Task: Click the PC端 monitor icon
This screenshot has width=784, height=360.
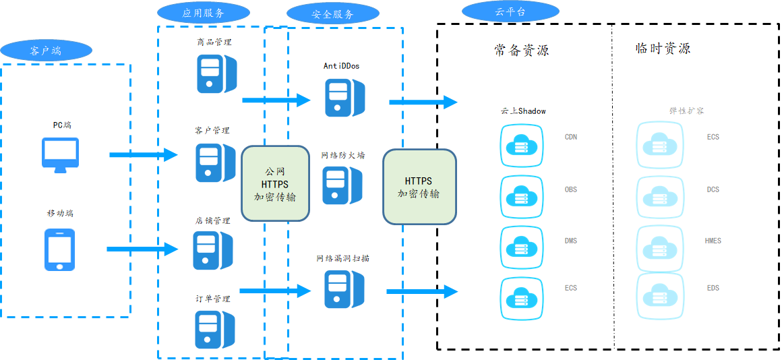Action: click(60, 154)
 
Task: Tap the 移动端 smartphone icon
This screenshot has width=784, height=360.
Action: click(59, 249)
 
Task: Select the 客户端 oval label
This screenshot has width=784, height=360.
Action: click(46, 50)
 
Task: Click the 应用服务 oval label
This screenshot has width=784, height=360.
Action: click(203, 12)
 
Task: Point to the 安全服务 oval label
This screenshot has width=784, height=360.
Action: click(332, 13)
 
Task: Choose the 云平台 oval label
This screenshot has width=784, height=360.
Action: click(510, 11)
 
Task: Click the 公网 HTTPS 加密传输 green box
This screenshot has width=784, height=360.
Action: click(275, 185)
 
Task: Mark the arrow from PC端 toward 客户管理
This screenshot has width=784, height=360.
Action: click(144, 155)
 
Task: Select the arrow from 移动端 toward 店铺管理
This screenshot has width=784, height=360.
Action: click(142, 249)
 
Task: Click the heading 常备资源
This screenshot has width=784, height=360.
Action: click(521, 50)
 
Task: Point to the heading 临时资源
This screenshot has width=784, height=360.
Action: click(663, 49)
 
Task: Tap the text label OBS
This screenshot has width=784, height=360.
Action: click(571, 190)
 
